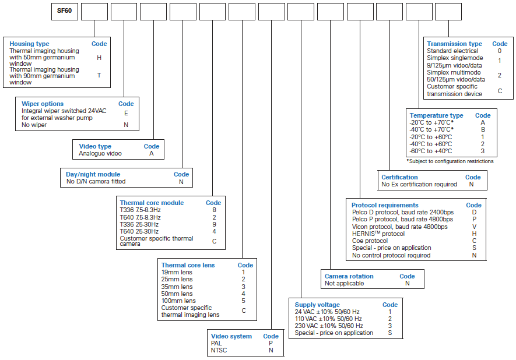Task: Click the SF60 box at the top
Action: click(x=65, y=12)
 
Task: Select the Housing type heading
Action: click(x=29, y=44)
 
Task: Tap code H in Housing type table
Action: click(x=99, y=58)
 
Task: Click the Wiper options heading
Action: click(x=43, y=104)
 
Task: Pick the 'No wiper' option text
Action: click(x=34, y=125)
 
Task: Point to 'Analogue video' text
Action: click(x=100, y=154)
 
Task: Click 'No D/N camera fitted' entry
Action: click(x=96, y=182)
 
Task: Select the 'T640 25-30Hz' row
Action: click(x=139, y=231)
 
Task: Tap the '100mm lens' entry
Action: click(x=178, y=301)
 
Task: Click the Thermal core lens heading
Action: click(x=188, y=265)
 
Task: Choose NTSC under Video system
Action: click(x=219, y=351)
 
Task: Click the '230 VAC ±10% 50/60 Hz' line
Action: click(x=329, y=326)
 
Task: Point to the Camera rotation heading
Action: click(x=349, y=277)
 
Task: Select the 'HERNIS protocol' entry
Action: click(x=378, y=234)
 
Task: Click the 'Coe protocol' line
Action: click(x=370, y=241)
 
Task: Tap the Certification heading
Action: click(x=399, y=177)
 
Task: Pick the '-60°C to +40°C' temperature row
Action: click(x=431, y=151)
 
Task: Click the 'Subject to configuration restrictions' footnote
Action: click(x=450, y=161)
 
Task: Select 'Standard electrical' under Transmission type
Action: click(x=452, y=51)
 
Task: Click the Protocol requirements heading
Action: click(x=385, y=206)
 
